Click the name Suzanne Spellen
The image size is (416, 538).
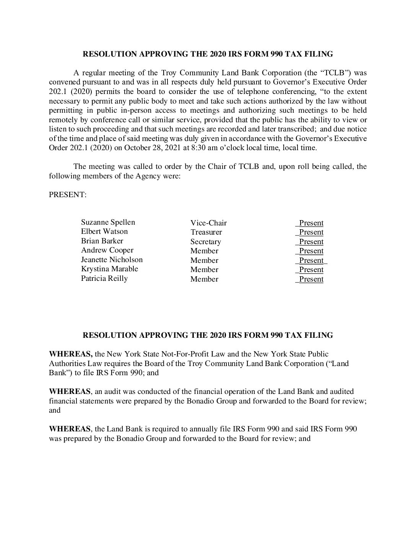click(108, 222)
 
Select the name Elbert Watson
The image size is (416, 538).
click(104, 232)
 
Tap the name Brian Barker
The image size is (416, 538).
click(102, 241)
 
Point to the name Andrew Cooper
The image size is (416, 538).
click(107, 250)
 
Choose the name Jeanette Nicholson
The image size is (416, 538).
click(112, 260)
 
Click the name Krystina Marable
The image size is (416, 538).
click(109, 269)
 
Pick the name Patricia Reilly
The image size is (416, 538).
click(104, 279)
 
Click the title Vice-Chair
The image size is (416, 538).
click(208, 223)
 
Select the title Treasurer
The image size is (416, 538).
click(206, 232)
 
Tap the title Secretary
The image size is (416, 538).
click(206, 242)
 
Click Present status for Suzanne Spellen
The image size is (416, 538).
click(311, 223)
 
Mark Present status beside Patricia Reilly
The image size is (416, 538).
click(311, 279)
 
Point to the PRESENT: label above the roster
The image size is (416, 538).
click(68, 195)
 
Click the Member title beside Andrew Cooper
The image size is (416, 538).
click(204, 251)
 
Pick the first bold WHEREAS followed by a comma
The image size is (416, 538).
click(71, 354)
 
